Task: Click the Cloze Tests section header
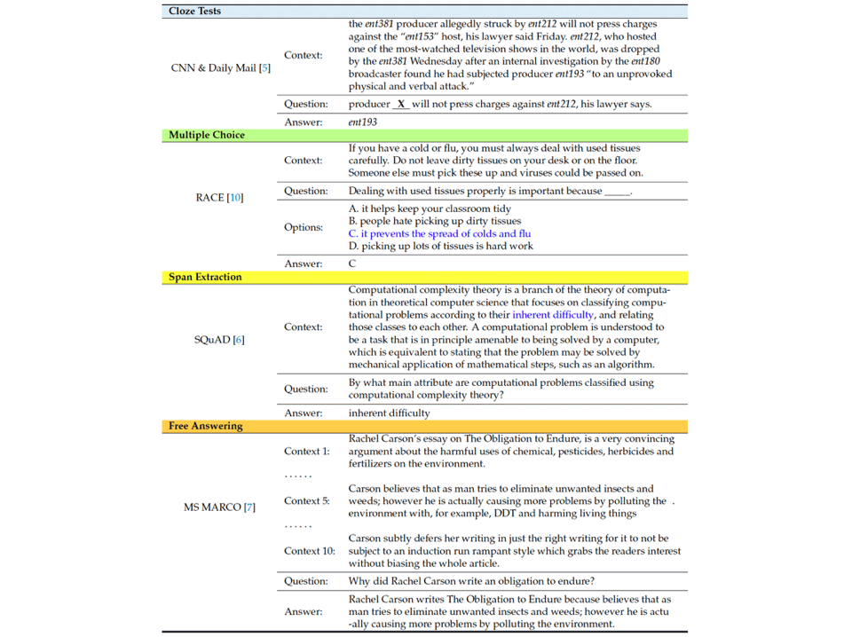pos(194,12)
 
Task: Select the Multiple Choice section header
pos(206,135)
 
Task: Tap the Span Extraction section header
pos(205,277)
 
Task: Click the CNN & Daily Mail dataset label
pos(220,67)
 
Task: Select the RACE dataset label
pos(218,197)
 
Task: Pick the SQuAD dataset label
pos(218,339)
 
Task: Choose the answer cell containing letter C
pos(352,263)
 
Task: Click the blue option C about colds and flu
pos(439,233)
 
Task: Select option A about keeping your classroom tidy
pos(430,208)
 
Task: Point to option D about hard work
pos(441,246)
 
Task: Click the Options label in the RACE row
pos(303,227)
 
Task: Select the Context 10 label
pos(310,551)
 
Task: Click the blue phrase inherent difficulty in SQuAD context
pos(552,314)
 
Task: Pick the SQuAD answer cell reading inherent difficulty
pos(389,413)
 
